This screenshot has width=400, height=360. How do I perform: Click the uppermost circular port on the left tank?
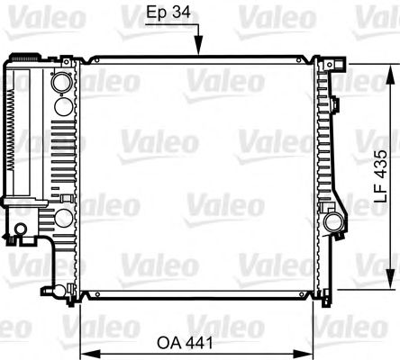point(60,82)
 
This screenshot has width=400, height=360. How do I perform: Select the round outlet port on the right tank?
point(332,220)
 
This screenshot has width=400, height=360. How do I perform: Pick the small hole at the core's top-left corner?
point(86,60)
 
